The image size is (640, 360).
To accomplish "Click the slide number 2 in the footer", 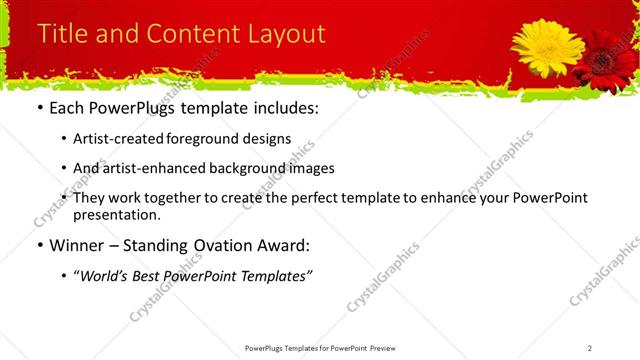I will click(x=590, y=348).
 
